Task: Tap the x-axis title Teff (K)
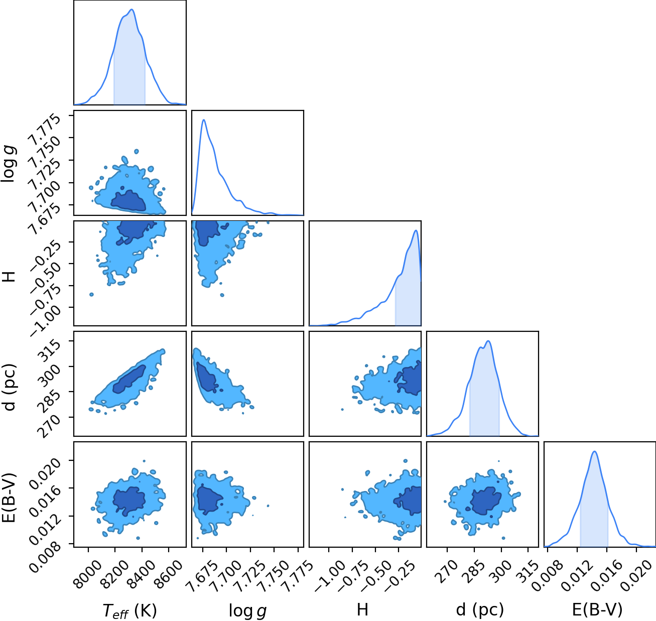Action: (x=129, y=610)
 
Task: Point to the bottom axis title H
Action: (x=363, y=609)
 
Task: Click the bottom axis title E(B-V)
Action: (x=597, y=610)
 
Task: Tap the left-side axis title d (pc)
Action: (x=10, y=387)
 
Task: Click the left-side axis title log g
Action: (x=10, y=163)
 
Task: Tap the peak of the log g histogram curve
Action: (x=204, y=120)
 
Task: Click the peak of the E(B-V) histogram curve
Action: (x=595, y=452)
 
